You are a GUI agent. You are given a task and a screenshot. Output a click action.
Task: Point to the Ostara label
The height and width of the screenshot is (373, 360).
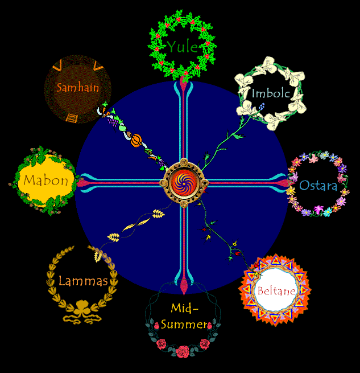point(318,186)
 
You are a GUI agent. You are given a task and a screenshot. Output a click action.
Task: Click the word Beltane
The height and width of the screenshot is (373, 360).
point(276,291)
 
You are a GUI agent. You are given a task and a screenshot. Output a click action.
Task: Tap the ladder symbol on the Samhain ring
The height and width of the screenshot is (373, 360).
point(72,118)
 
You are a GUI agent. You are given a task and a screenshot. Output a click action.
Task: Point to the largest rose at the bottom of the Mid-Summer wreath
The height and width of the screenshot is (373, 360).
point(183,351)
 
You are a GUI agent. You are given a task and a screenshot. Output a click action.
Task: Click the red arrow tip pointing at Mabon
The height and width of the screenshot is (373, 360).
point(84,183)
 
